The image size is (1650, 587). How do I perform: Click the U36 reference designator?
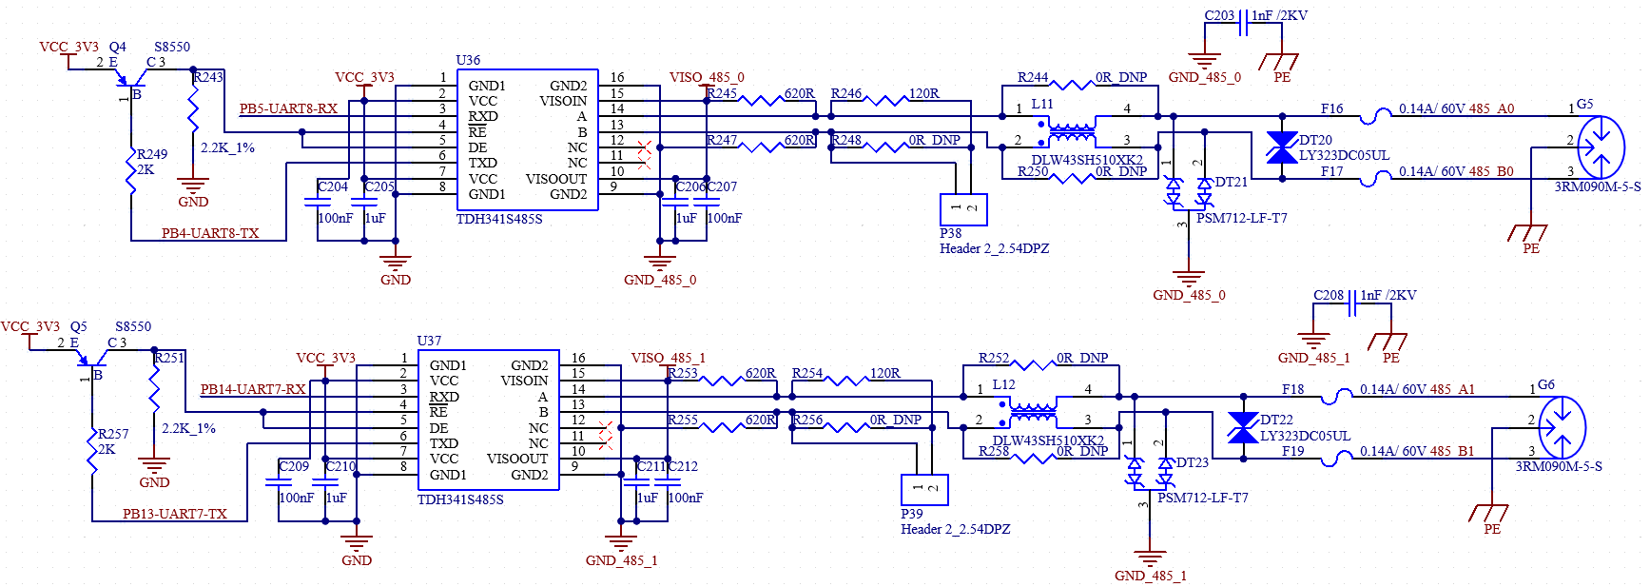point(468,60)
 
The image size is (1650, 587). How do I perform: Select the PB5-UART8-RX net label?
point(288,108)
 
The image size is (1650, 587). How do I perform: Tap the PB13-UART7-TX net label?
point(175,514)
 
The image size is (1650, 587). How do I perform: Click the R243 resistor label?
point(208,77)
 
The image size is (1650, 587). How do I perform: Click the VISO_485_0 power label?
point(707,77)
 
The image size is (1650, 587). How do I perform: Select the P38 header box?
point(963,209)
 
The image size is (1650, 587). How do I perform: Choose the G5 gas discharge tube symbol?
point(1601,147)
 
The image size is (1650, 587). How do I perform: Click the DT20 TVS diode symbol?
point(1282,147)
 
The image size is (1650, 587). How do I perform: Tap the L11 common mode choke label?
point(1042,104)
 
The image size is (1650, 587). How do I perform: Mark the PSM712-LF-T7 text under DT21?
point(1241,218)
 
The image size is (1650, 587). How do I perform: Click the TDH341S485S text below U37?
point(460,499)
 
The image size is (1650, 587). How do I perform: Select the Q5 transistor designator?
point(78,326)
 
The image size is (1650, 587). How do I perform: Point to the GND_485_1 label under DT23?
point(1151,576)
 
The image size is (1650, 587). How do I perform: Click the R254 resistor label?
point(807,373)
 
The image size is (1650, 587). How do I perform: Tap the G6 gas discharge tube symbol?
point(1562,428)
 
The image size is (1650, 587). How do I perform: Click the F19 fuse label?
point(1292,451)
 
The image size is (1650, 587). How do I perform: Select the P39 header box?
point(924,490)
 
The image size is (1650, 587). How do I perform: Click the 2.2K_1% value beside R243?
point(227,147)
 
